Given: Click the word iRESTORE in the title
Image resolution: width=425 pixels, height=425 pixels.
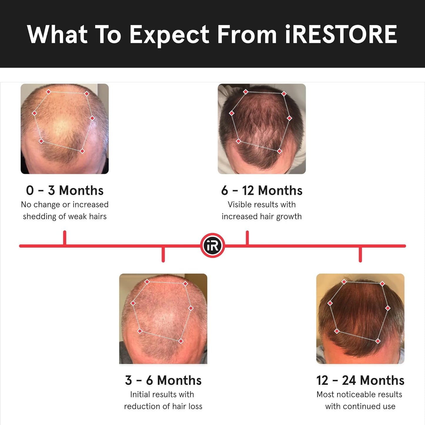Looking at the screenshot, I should [341, 34].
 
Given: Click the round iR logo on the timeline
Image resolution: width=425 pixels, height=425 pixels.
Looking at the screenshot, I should [212, 246].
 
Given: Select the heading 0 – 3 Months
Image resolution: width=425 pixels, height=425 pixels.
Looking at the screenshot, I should [65, 191].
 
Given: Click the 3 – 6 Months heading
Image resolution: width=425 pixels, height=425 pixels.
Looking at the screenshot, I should [163, 380].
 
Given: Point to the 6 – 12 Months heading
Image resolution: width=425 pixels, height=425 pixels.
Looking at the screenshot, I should [261, 191].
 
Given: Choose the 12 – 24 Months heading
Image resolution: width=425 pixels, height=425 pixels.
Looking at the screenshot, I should [360, 380].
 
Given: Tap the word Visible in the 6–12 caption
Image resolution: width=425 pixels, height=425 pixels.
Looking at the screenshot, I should [241, 204].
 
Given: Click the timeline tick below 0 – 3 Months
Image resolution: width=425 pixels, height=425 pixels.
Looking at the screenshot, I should [65, 238].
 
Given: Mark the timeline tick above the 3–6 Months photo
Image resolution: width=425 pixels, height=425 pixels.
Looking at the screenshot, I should [163, 254].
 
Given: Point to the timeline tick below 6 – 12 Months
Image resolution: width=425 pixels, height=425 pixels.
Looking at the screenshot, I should [247, 238].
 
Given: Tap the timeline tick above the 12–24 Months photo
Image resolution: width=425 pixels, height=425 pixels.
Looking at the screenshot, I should [360, 254].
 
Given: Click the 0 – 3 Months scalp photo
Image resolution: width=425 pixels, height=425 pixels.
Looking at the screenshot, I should [65, 129].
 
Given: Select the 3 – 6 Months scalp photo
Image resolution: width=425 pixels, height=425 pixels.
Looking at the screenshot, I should [163, 319].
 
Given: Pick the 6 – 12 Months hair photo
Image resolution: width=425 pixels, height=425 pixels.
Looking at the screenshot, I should [261, 129].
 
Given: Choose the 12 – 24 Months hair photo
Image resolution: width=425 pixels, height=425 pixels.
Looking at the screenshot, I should [360, 319].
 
